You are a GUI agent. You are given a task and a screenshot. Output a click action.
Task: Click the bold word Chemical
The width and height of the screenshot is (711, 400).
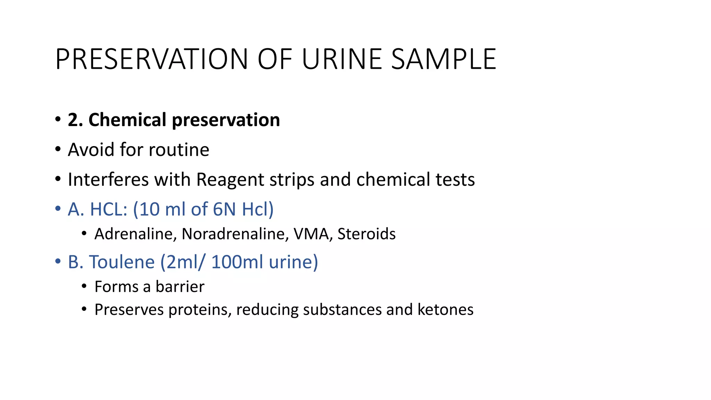pos(127,120)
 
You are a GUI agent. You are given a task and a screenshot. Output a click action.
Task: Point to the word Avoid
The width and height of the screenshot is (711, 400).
pos(91,150)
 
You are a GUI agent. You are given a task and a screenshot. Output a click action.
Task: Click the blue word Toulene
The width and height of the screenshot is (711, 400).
pos(122,262)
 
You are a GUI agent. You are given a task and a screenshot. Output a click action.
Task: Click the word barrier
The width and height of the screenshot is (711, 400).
pos(180,287)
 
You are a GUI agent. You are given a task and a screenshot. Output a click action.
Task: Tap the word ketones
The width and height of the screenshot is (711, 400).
pos(445,310)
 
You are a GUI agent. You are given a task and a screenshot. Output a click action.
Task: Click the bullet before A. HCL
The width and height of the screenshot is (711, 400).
pos(58,209)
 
